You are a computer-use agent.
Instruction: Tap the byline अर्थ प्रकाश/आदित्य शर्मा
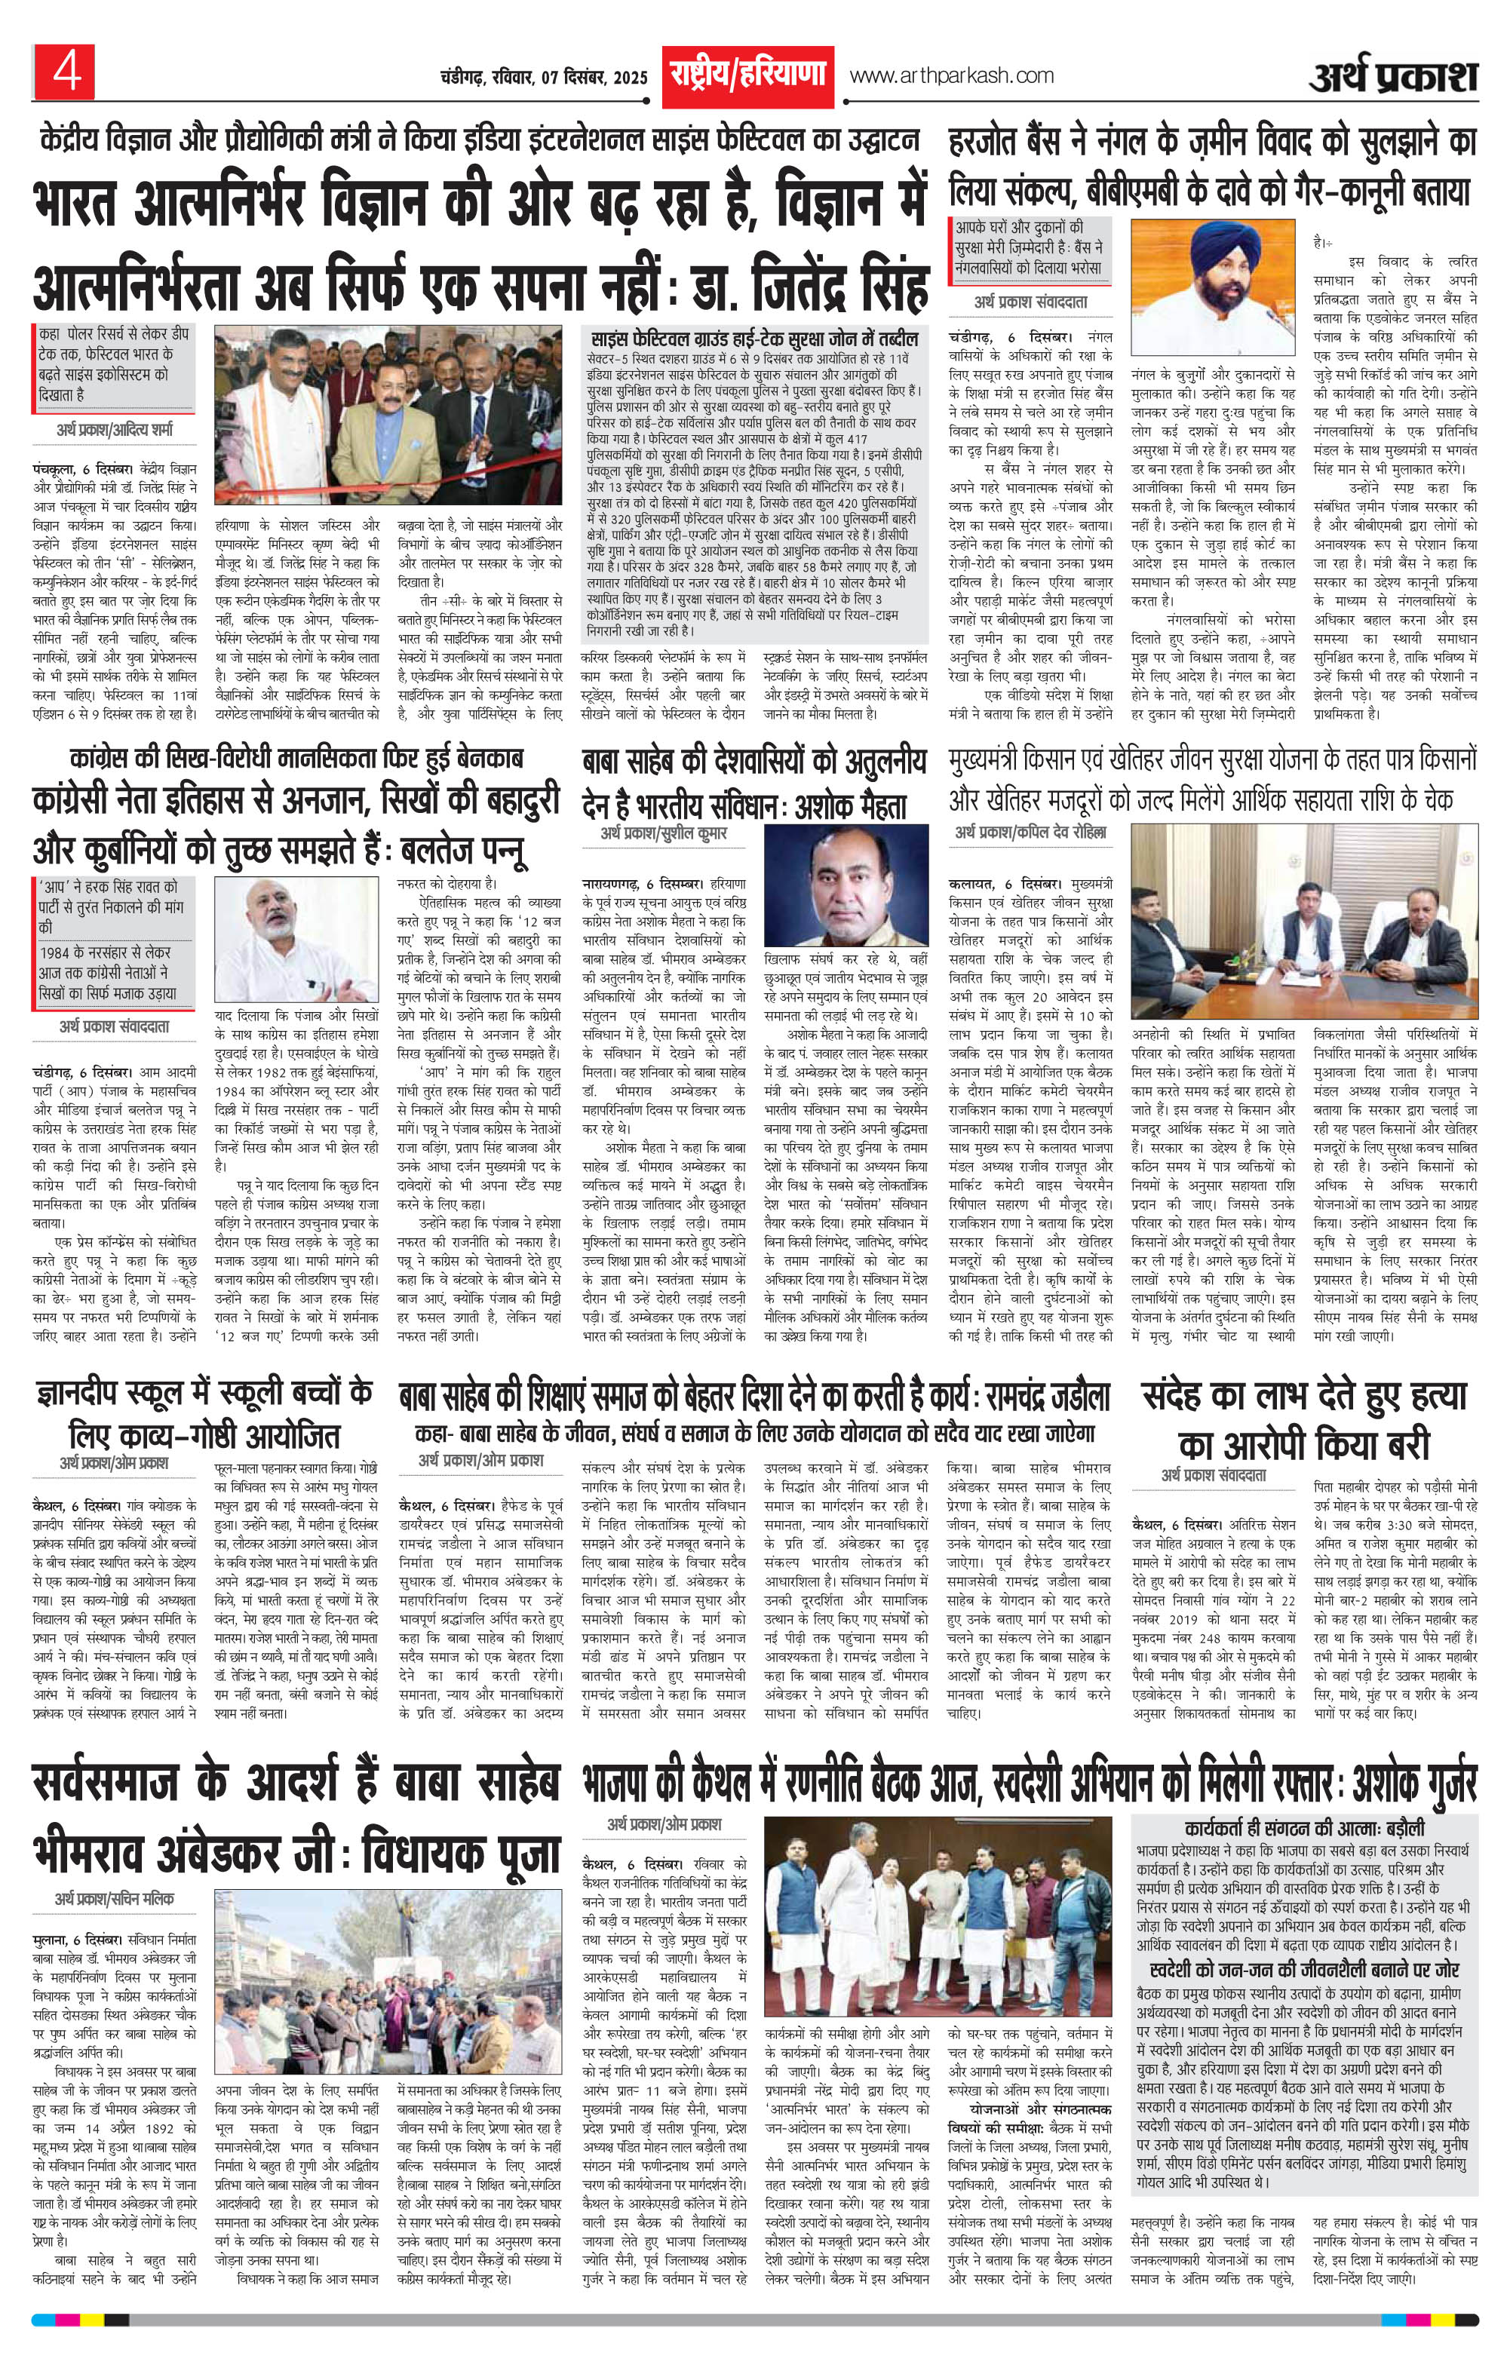pyautogui.click(x=115, y=431)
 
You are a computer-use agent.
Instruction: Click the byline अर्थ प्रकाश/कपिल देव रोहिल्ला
pyautogui.click(x=1030, y=833)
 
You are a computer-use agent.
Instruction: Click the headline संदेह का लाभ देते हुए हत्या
pyautogui.click(x=1305, y=1397)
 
